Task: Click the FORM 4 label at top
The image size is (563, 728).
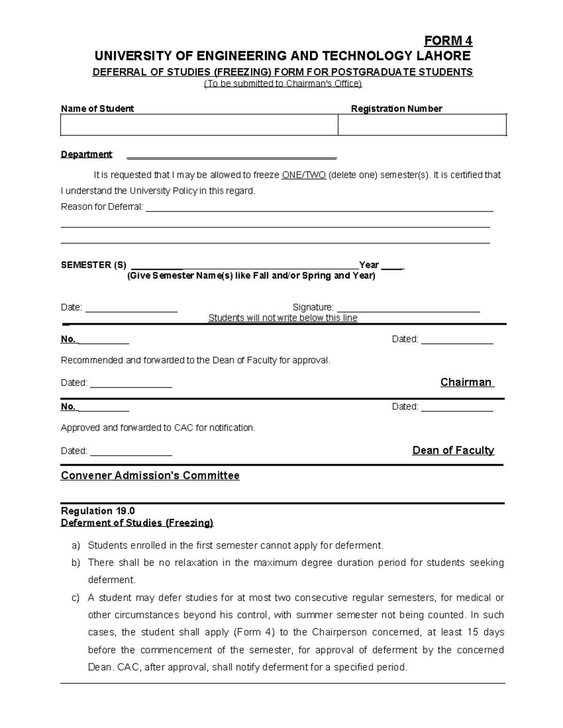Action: click(448, 41)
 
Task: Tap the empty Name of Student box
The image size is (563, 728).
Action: click(199, 125)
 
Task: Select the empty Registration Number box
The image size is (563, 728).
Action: click(422, 125)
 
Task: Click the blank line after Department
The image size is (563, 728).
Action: click(232, 155)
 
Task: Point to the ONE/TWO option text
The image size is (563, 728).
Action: click(304, 175)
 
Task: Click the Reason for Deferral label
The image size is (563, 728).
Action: click(102, 207)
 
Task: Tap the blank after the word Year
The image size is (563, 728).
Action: click(392, 266)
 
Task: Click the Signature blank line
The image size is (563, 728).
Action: click(408, 308)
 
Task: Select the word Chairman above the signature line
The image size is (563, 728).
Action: click(465, 383)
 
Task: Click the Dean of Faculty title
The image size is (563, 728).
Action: click(453, 450)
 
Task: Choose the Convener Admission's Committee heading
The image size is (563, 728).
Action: click(150, 476)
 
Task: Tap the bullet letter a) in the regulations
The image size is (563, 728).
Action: click(76, 546)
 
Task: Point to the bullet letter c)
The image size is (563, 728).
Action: click(76, 598)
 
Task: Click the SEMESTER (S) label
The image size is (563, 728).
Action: click(93, 265)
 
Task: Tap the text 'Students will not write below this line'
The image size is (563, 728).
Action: click(282, 318)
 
